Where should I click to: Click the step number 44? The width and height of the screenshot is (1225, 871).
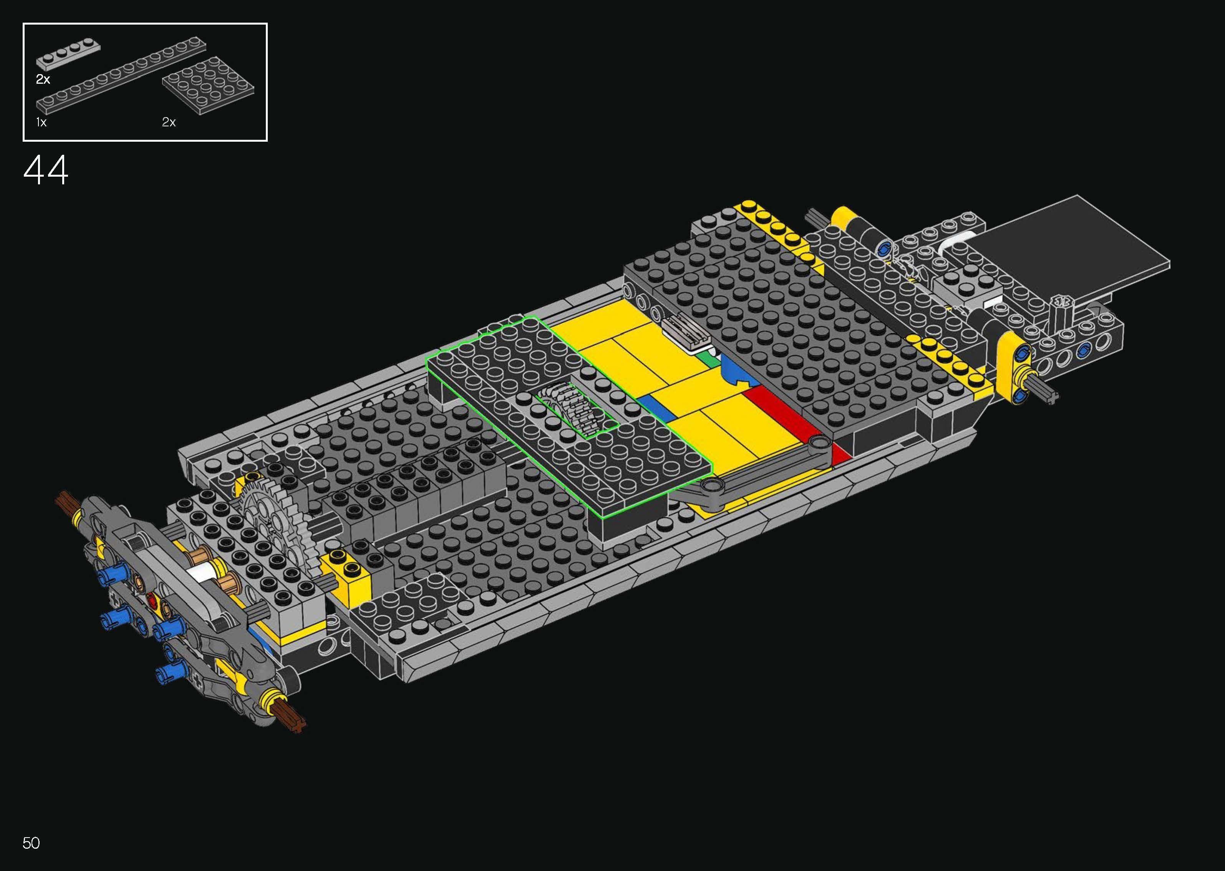(x=46, y=170)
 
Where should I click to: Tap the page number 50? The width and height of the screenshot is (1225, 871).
(x=31, y=843)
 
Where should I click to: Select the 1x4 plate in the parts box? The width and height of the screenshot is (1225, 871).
(x=68, y=55)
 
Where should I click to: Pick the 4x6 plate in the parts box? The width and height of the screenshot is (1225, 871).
(x=208, y=86)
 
